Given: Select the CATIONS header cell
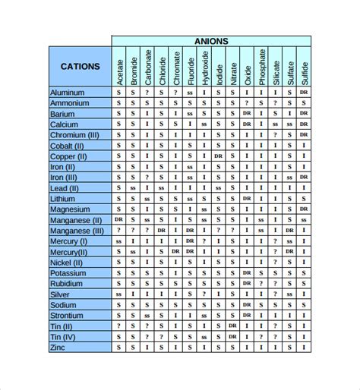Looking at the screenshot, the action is click(80, 66).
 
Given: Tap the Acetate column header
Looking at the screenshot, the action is click(119, 67).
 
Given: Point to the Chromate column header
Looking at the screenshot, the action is click(176, 67).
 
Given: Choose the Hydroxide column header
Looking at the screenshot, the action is click(204, 67).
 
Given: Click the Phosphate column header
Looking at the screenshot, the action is click(261, 67).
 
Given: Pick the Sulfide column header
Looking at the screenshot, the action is click(303, 67).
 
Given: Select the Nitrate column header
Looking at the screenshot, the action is click(232, 67).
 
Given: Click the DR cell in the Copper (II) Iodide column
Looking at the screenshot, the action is click(219, 156).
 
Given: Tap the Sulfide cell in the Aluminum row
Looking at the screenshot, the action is click(303, 92).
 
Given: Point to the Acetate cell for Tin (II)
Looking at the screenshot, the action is click(119, 326).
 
